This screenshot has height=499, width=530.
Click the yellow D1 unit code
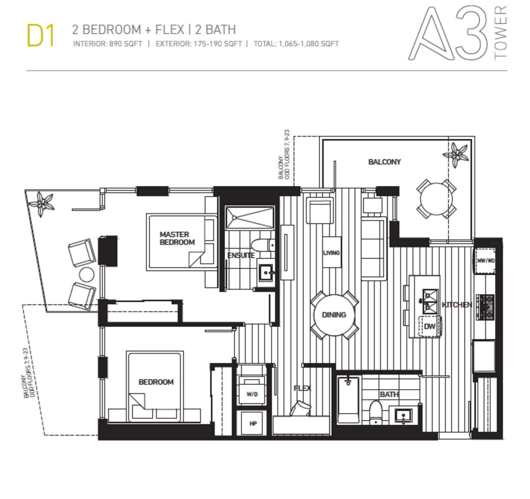point(41,36)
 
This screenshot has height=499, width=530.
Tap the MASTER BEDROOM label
point(177,238)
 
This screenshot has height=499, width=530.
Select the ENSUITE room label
point(241,256)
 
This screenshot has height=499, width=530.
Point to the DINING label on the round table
point(334,315)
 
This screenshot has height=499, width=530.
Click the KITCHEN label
point(457,305)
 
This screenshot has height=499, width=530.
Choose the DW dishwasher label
point(430,327)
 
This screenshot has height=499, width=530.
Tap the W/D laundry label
point(252,394)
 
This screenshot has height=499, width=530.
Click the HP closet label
point(253,424)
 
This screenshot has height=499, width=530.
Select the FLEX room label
point(303,388)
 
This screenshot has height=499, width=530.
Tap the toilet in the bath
point(375,412)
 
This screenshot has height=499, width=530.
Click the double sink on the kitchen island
point(430,301)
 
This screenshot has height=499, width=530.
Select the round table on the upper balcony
point(436,199)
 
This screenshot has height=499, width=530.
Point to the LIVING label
point(332,253)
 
